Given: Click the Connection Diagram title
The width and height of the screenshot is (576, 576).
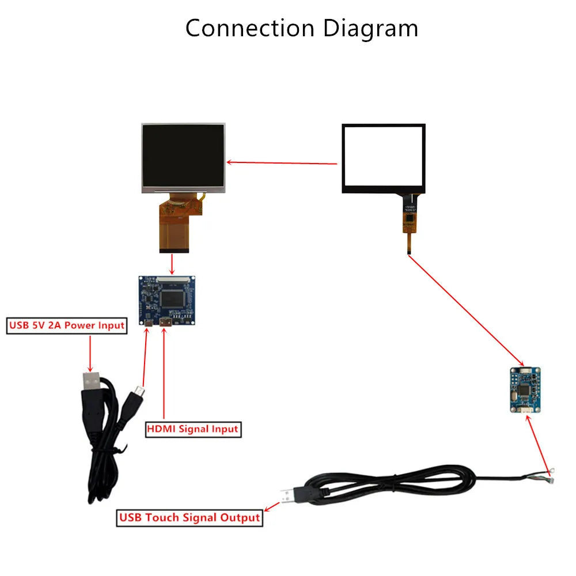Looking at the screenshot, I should tap(301, 28).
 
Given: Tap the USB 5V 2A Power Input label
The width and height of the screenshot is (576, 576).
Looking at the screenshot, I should tap(66, 325).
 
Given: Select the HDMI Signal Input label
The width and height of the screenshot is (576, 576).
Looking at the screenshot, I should tap(192, 429).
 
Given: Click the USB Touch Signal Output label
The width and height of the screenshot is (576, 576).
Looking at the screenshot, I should tap(190, 517).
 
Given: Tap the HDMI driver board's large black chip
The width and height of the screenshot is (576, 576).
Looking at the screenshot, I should tap(173, 298).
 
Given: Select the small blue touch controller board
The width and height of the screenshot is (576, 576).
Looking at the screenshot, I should tap(525, 391).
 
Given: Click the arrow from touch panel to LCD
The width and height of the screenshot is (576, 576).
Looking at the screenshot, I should tap(282, 162).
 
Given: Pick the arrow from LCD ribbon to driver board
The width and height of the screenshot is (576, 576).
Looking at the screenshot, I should tap(172, 263).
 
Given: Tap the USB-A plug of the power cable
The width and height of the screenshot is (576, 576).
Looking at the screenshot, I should tap(92, 381).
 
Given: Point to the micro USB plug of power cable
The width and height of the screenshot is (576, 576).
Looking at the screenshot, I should tap(139, 393).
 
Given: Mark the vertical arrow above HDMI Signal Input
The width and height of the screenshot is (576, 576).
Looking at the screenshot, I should tap(164, 374).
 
